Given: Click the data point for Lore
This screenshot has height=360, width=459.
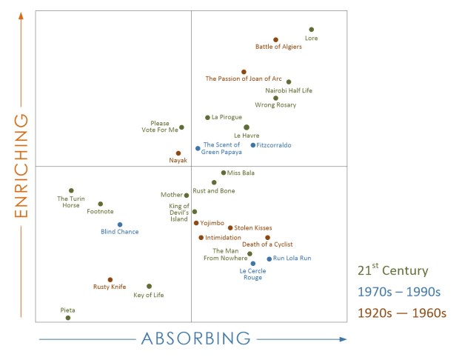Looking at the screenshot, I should tap(311, 30).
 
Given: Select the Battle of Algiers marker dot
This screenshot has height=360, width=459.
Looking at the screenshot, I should tap(275, 40).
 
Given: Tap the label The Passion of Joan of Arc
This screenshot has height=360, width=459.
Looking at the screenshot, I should tap(244, 79).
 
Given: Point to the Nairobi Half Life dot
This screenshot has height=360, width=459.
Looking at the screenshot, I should tap(289, 82).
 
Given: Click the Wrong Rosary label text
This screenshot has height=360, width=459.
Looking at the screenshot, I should tap(275, 105).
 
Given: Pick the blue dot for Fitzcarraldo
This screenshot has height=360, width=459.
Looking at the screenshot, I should tap(253, 145).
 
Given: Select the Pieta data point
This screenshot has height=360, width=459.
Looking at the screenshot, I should tap(68, 318).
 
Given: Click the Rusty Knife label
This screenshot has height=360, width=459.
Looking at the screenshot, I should tap(109, 287).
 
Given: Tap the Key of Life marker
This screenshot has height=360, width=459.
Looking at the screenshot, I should tap(149, 286).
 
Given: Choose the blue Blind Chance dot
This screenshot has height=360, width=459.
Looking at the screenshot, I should tap(120, 224).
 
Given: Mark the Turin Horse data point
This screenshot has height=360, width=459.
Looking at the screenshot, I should tap(71, 190).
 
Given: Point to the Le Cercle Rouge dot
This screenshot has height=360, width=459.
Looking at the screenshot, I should tap(252, 263).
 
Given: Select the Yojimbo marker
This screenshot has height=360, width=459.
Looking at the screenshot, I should tap(196, 223).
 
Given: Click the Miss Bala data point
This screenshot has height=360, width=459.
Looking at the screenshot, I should tap(224, 173).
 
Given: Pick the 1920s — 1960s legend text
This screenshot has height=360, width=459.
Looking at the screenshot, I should tap(401, 313).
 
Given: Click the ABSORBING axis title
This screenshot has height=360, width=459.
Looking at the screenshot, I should tap(196, 339).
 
